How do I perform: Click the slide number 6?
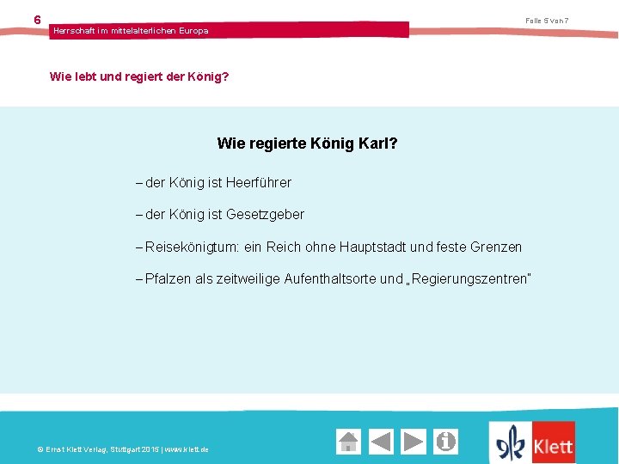click(x=37, y=19)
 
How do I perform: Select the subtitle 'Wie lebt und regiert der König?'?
click(x=139, y=76)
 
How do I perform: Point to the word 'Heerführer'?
click(x=259, y=182)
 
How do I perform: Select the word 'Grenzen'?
click(x=496, y=247)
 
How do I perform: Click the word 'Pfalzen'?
click(x=169, y=278)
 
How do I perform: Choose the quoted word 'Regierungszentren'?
click(x=470, y=278)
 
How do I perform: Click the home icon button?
click(x=348, y=442)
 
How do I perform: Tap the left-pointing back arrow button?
click(x=381, y=442)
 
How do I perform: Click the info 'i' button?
click(x=445, y=442)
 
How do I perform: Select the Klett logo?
click(x=532, y=443)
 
